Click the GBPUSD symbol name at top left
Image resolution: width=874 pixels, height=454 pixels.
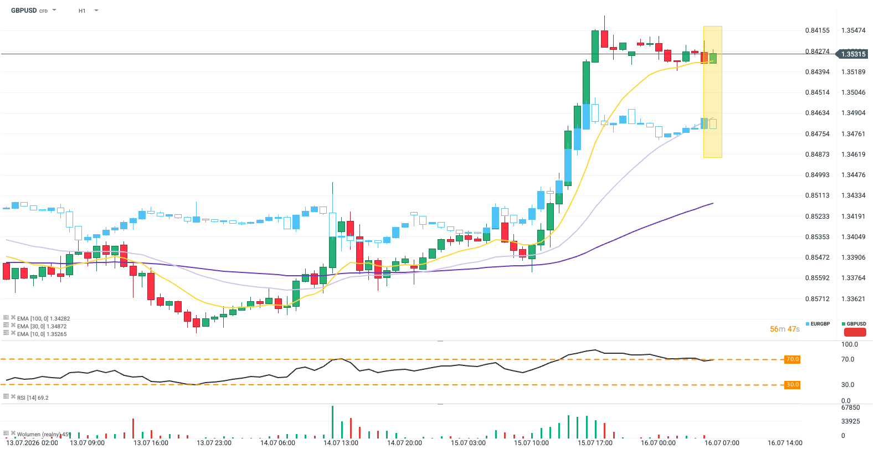[x=24, y=11]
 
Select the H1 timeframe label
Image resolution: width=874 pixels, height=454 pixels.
[x=82, y=11]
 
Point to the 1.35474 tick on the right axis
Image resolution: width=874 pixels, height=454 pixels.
[x=854, y=30]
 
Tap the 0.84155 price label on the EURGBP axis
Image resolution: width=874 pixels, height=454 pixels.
[x=818, y=30]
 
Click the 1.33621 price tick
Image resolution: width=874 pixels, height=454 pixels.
[x=854, y=299]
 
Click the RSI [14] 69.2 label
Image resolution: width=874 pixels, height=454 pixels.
[x=33, y=398]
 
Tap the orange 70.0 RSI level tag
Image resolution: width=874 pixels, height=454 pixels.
[x=793, y=359]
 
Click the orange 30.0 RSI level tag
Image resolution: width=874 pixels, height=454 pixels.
[x=793, y=385]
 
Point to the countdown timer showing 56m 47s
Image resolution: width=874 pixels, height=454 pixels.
[x=785, y=329]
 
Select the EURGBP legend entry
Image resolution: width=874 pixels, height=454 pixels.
[x=818, y=324]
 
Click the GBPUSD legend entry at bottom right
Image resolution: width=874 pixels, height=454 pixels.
[x=854, y=324]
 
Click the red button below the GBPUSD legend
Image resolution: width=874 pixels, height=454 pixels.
[x=855, y=332]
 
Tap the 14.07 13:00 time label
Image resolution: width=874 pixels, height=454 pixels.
[x=341, y=443]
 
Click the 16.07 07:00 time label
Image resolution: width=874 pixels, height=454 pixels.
[x=722, y=443]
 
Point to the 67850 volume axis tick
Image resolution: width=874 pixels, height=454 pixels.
[x=851, y=407]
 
